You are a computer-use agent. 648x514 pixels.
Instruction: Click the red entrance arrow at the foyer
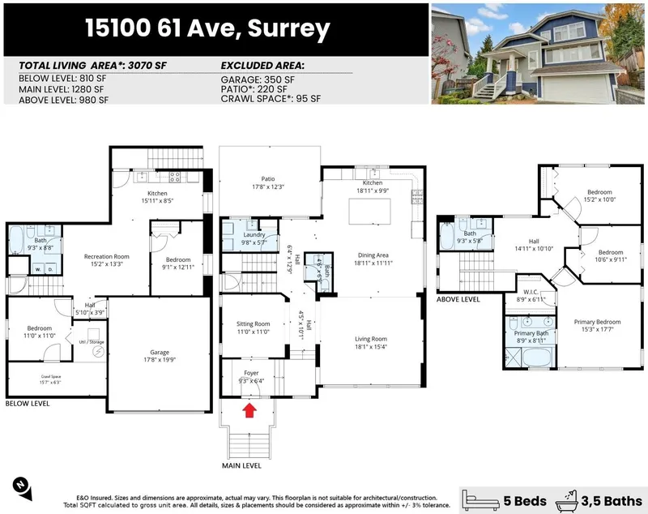(250, 410)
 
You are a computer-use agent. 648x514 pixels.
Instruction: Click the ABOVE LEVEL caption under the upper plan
(458, 299)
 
